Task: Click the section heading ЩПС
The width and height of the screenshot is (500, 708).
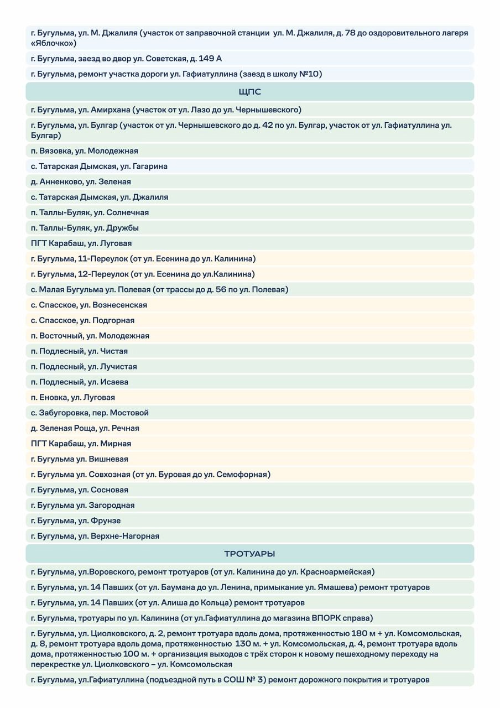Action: point(249,92)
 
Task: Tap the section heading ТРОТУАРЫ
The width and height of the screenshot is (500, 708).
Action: point(249,554)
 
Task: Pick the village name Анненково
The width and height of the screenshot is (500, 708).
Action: point(60,181)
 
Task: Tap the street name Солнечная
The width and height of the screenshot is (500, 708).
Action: point(128,212)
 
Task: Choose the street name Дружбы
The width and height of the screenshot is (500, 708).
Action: point(123,228)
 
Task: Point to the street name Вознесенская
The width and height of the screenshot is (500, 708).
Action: point(121,305)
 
